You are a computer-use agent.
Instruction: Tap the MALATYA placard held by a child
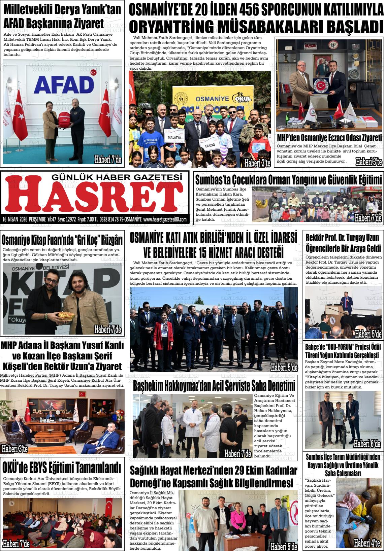[173, 137]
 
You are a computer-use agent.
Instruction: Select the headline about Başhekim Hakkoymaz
[214, 386]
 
